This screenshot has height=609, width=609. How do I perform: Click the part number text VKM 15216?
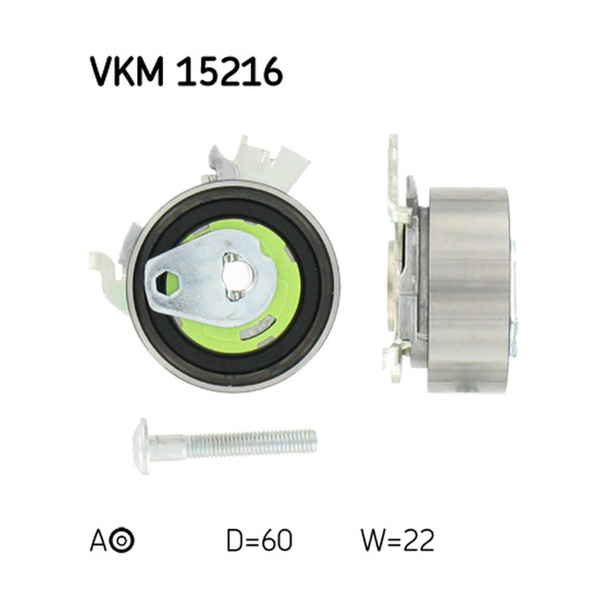[186, 72]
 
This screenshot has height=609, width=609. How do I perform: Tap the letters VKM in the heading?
[127, 72]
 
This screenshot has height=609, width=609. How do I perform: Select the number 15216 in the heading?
[230, 72]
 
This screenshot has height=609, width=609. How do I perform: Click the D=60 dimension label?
[259, 540]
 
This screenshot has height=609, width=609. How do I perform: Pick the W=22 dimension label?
[397, 540]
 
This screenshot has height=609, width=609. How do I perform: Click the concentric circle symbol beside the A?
[122, 540]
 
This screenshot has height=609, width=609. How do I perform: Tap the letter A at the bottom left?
[97, 540]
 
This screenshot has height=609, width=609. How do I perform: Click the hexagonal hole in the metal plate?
[167, 282]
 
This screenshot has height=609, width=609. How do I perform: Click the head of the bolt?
[141, 446]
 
